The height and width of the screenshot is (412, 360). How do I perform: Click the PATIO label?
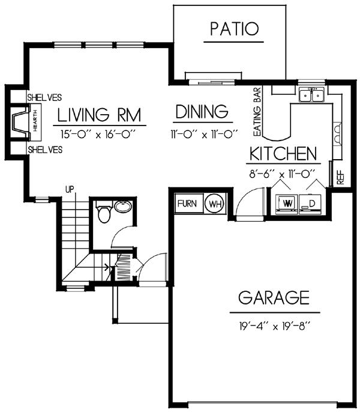235,29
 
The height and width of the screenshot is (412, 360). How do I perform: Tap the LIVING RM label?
99,115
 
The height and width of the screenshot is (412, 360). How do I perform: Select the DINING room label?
202,112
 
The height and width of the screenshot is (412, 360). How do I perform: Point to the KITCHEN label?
283,154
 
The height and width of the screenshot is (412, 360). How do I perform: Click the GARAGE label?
274,297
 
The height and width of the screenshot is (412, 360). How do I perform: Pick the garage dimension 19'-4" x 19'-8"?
275,327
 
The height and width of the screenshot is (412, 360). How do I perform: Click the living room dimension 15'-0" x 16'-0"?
98,135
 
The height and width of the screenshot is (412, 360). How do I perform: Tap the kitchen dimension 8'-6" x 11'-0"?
282,174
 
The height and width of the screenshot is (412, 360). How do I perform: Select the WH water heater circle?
215,204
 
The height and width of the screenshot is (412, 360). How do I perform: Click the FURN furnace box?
189,204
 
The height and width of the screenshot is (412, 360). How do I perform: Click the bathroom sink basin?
123,206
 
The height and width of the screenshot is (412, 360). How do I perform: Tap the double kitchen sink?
312,95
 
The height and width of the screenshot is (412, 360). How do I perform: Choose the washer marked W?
287,204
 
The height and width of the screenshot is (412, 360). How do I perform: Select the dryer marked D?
310,204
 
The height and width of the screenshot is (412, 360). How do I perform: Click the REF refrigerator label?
340,177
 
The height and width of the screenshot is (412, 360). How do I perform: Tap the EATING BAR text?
257,112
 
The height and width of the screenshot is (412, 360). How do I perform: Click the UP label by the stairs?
70,189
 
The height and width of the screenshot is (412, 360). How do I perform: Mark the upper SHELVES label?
44,98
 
